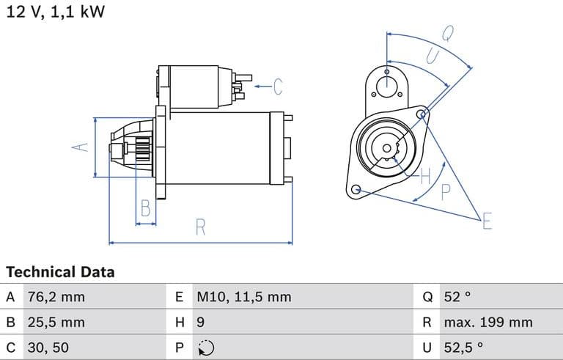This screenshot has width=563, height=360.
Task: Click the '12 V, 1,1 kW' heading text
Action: point(55,12)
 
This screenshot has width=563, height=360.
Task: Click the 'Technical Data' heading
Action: point(60,272)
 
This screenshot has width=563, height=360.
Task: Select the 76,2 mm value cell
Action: point(56,297)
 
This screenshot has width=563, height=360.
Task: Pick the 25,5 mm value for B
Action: point(56,322)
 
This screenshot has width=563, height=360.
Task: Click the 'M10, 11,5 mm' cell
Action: point(243,297)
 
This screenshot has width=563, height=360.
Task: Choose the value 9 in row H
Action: point(200,322)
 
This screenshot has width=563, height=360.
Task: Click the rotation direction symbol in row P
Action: point(206,348)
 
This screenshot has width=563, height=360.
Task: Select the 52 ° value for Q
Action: point(457,297)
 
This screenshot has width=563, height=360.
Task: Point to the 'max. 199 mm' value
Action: point(487,322)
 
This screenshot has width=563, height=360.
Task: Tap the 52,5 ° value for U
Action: point(464,347)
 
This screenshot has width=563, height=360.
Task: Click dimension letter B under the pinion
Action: point(146,208)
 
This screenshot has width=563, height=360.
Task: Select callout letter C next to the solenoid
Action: point(278,87)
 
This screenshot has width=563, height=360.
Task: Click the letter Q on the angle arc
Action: point(447,32)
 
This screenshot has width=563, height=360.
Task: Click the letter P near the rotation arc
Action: point(446,192)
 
